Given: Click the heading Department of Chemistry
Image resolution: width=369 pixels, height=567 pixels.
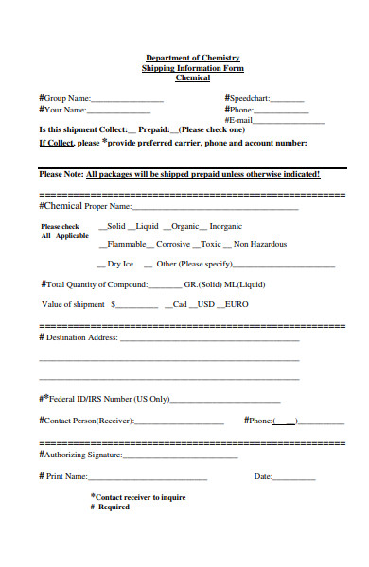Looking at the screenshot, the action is (x=192, y=58).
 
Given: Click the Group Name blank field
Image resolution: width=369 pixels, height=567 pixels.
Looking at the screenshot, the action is (x=128, y=100).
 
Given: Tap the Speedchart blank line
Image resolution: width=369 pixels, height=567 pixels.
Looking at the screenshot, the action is (x=288, y=100).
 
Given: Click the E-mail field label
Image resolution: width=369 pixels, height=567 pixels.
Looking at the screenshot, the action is (x=238, y=121).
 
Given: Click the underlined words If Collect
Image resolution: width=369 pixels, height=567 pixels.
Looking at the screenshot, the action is (x=56, y=143).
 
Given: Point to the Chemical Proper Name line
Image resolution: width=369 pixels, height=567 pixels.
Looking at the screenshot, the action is (x=216, y=207).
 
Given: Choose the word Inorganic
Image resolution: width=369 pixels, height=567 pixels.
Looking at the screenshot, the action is (x=225, y=227).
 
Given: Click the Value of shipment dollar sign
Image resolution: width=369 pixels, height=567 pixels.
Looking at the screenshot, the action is (x=114, y=305).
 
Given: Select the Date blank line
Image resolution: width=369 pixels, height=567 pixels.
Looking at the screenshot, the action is (x=294, y=478).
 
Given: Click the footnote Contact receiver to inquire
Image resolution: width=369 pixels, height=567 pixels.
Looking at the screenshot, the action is (x=139, y=496).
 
